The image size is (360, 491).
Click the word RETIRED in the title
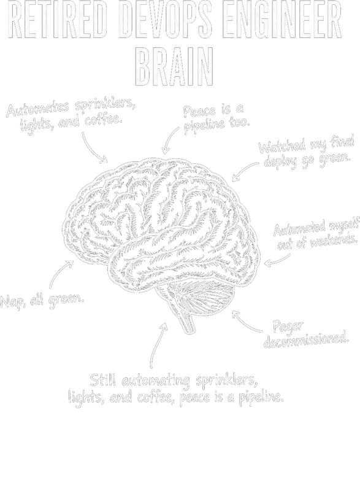tap(61, 20)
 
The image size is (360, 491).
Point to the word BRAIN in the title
tap(175, 66)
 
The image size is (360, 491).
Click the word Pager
tap(288, 327)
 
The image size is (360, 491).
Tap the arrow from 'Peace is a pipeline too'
tap(170, 138)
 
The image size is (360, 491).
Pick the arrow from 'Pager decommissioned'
tap(245, 323)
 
